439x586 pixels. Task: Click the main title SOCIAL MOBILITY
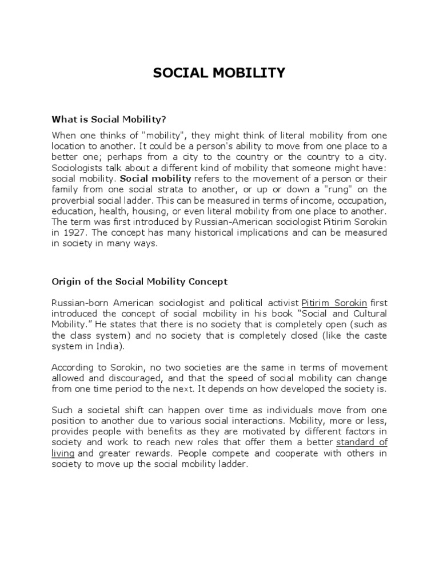pyautogui.click(x=219, y=73)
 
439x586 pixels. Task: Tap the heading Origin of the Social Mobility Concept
pyautogui.click(x=139, y=282)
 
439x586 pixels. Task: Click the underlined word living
pyautogui.click(x=63, y=454)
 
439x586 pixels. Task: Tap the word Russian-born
pyautogui.click(x=77, y=303)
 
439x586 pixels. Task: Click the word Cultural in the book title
pyautogui.click(x=366, y=314)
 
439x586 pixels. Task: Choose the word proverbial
pyautogui.click(x=74, y=200)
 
